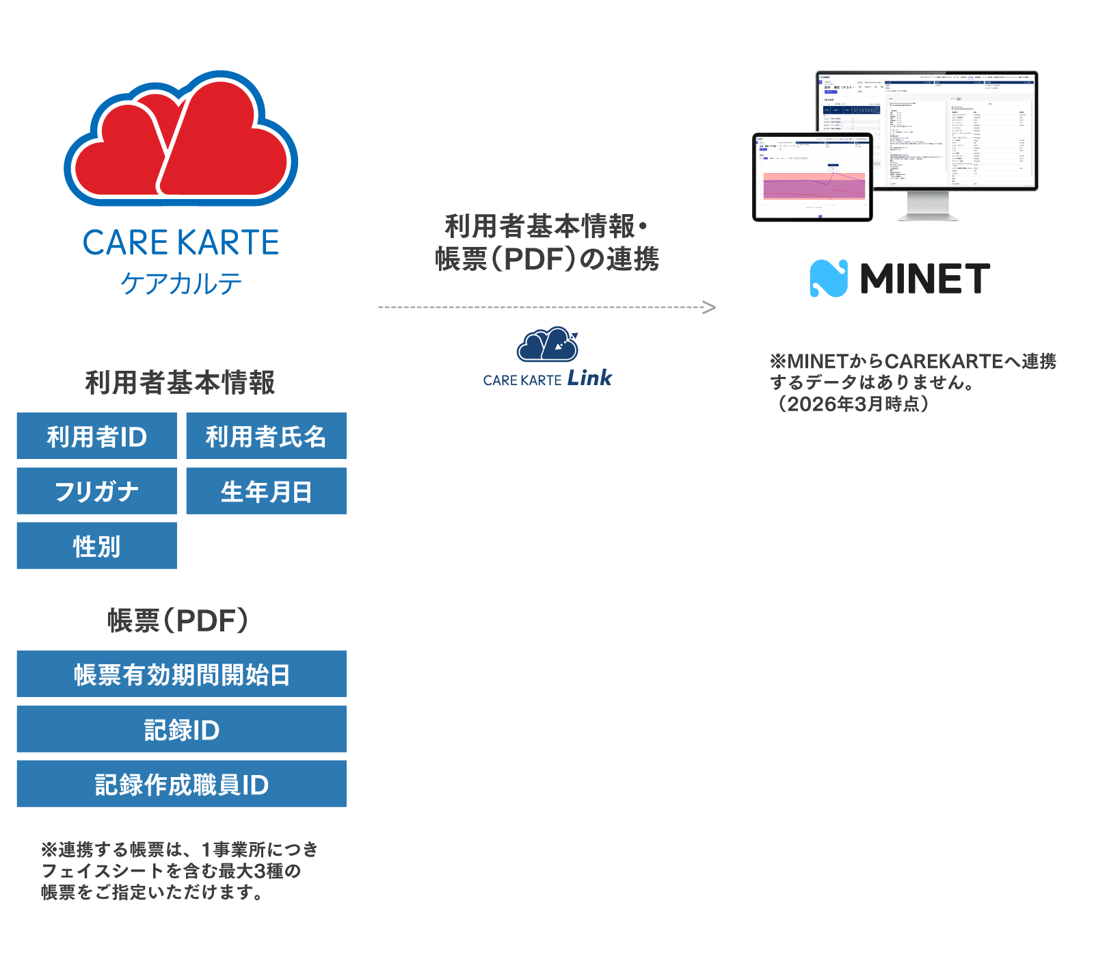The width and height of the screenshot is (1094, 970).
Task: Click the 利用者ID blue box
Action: tap(96, 436)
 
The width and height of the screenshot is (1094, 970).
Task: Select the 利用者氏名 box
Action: tap(266, 436)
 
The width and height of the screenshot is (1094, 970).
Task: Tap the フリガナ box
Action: tap(96, 491)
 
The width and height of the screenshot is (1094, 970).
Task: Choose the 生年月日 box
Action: tap(266, 491)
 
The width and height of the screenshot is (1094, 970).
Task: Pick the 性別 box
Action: tap(96, 546)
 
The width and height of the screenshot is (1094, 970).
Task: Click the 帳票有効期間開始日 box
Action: tap(181, 674)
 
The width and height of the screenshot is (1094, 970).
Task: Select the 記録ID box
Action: tap(181, 729)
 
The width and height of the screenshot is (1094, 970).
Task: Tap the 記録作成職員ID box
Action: tap(181, 784)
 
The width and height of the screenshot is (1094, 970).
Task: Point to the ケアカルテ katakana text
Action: tap(181, 283)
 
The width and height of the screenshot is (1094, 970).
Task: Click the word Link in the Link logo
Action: tap(590, 378)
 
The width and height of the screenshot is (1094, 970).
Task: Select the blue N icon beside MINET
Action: tap(828, 278)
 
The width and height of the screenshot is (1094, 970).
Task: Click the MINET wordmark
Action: tap(924, 278)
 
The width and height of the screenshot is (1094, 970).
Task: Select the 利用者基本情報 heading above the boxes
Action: tap(180, 382)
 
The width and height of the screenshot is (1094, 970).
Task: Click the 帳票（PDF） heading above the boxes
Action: tap(178, 620)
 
